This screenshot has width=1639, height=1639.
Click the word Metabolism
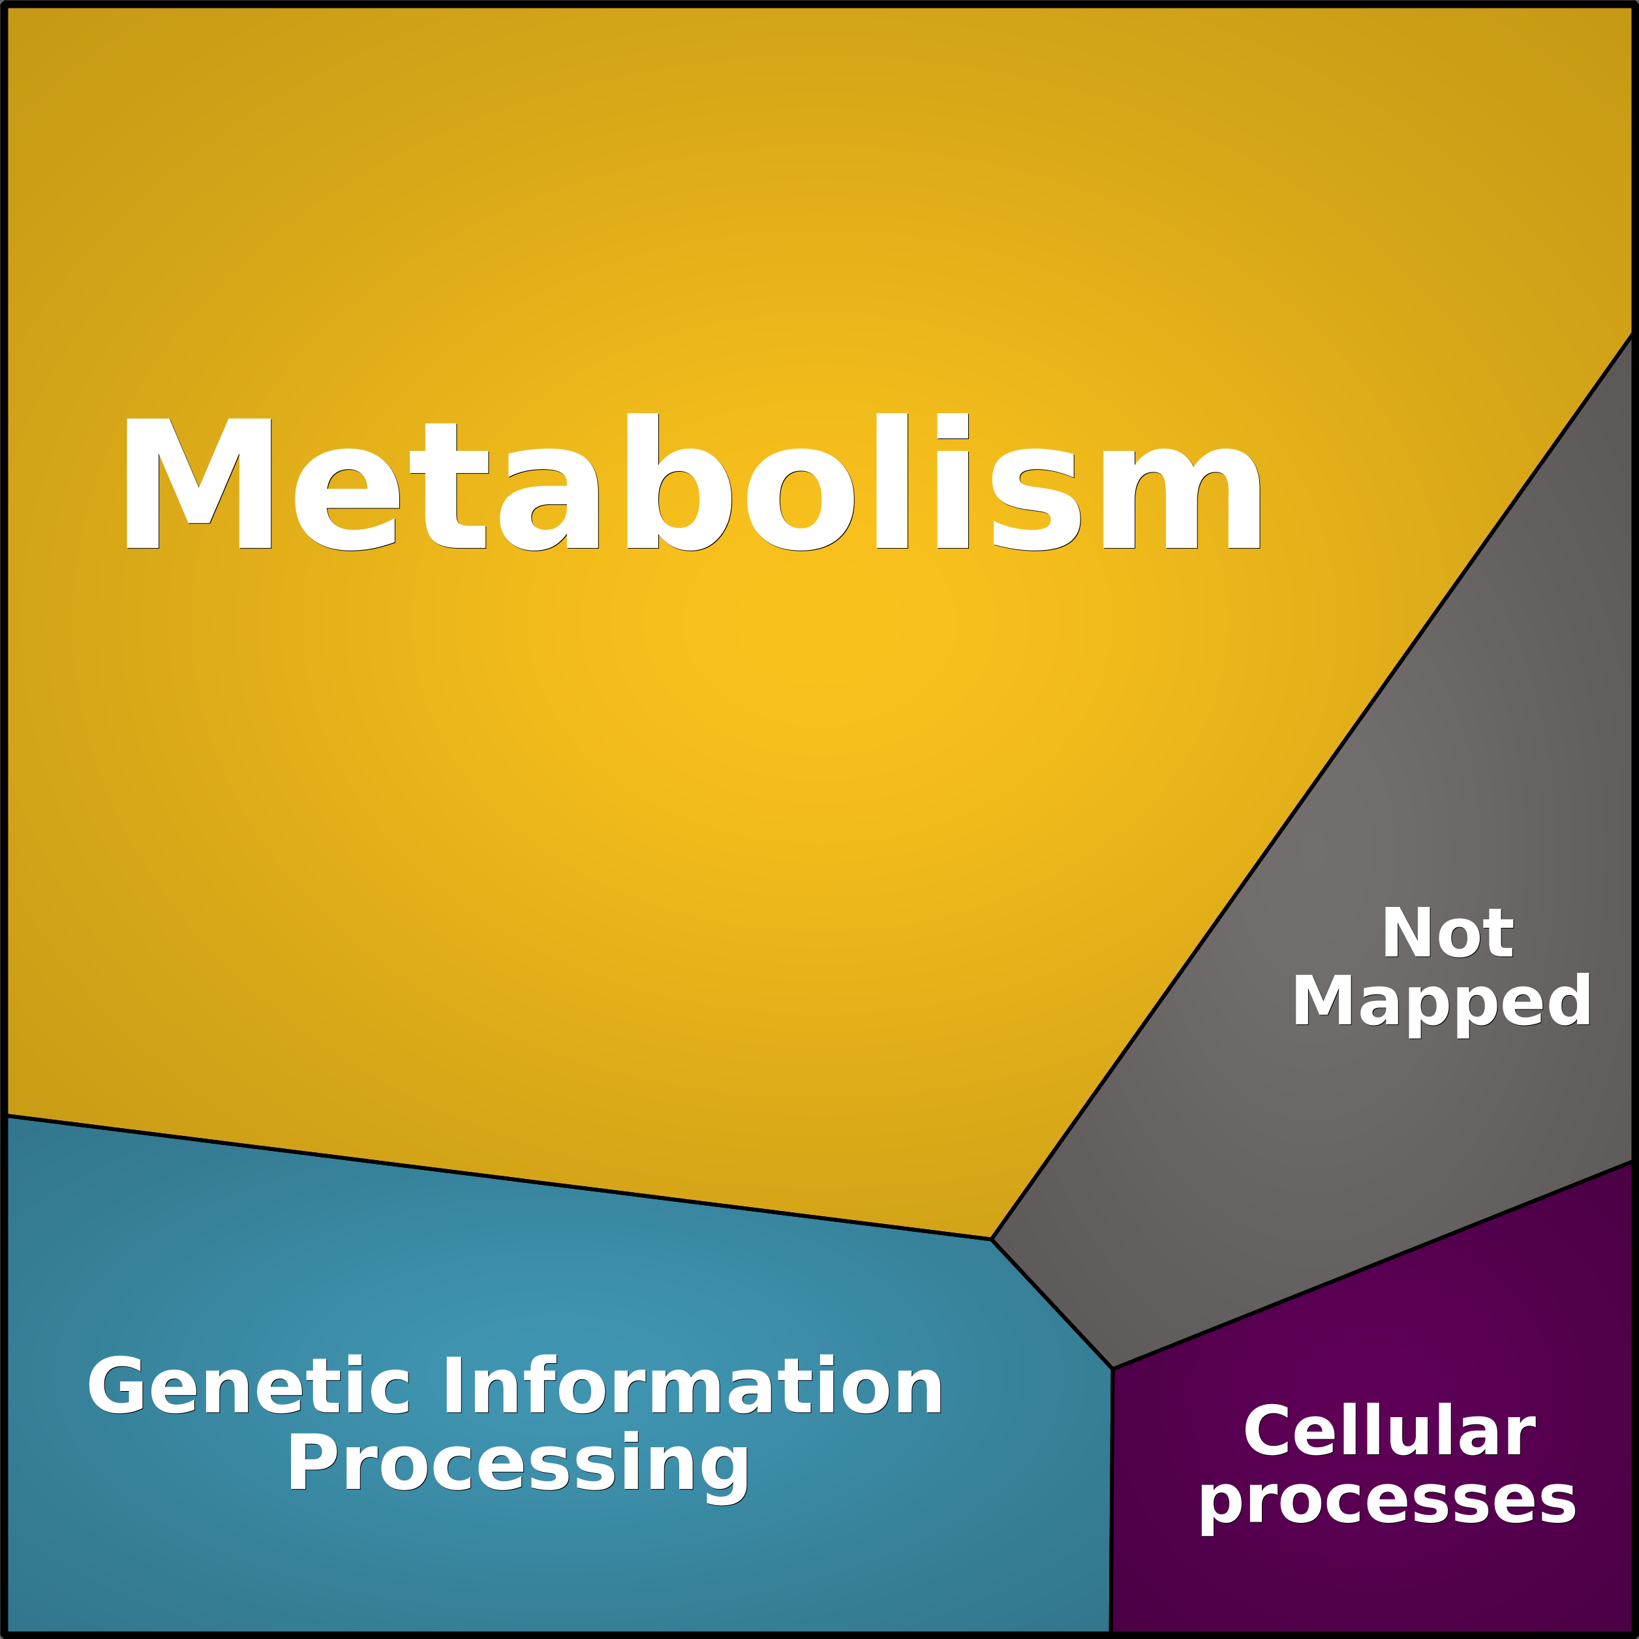pos(692,482)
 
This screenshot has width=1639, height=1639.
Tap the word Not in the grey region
pos(1448,933)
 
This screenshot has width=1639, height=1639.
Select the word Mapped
pos(1441,1003)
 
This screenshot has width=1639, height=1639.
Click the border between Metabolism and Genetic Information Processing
pos(499,1178)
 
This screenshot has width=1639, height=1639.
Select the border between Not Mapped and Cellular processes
pos(1373,1265)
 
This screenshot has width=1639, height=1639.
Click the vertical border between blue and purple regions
pos(1111,1501)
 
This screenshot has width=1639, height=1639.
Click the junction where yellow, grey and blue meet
pos(992,1240)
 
